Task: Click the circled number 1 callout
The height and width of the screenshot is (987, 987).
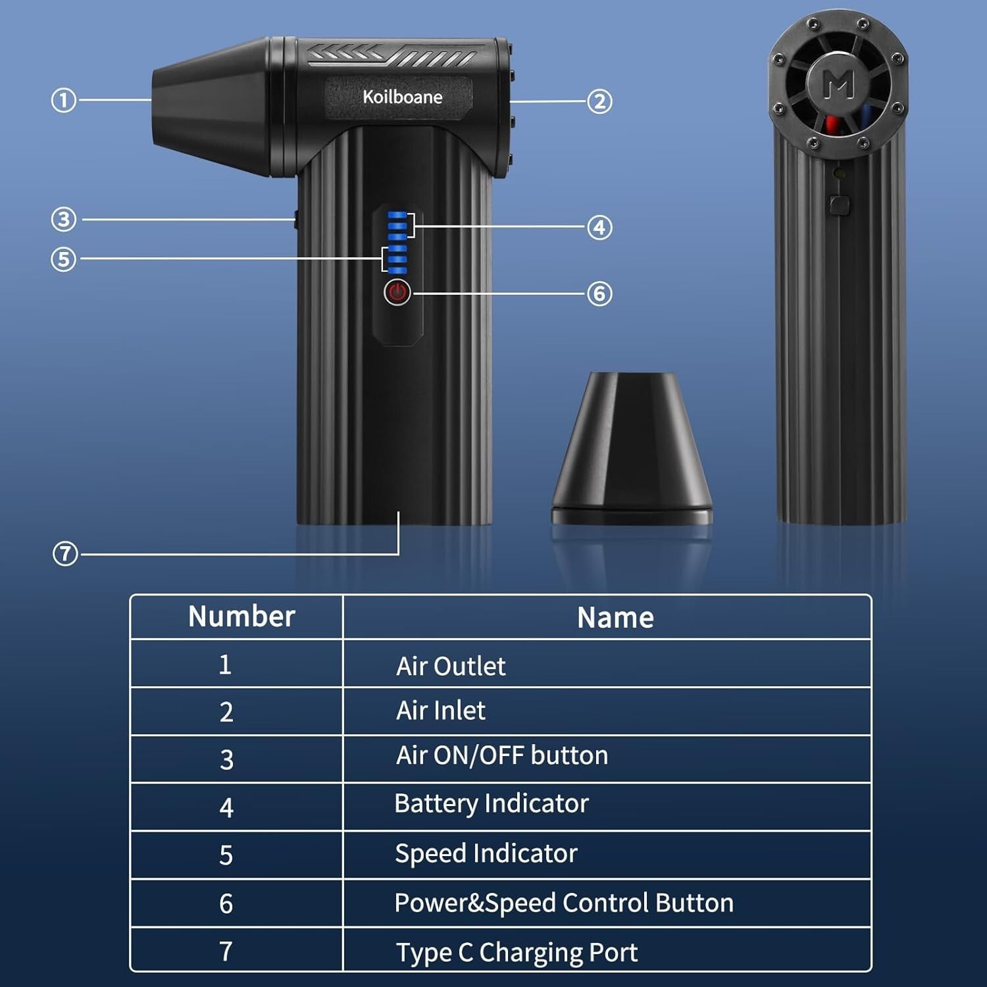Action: click(64, 101)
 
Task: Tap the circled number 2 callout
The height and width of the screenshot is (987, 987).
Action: click(599, 101)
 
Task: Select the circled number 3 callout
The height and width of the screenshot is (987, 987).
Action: click(64, 219)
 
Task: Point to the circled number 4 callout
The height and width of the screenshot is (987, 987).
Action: click(599, 228)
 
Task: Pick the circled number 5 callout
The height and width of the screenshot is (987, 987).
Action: click(64, 259)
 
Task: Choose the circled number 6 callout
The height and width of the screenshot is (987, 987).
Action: click(599, 293)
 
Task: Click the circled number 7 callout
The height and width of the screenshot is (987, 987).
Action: click(65, 554)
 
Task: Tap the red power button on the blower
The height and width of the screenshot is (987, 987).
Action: click(397, 292)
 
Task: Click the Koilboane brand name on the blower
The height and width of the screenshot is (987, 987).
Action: click(402, 97)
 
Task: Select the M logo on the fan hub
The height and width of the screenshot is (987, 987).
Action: click(839, 84)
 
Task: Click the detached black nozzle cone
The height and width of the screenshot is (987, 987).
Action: click(632, 447)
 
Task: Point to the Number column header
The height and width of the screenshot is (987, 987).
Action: click(241, 617)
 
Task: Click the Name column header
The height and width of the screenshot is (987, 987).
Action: click(615, 618)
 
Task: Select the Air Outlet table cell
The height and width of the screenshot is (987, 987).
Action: click(451, 666)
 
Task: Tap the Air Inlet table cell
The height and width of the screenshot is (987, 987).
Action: click(441, 711)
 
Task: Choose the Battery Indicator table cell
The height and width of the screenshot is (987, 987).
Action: click(491, 803)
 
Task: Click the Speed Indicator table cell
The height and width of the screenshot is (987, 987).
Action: click(486, 853)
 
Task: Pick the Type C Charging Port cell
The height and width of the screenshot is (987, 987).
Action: click(517, 952)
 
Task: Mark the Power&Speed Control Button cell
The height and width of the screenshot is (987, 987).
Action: click(564, 903)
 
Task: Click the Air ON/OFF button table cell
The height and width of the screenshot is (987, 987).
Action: click(501, 755)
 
